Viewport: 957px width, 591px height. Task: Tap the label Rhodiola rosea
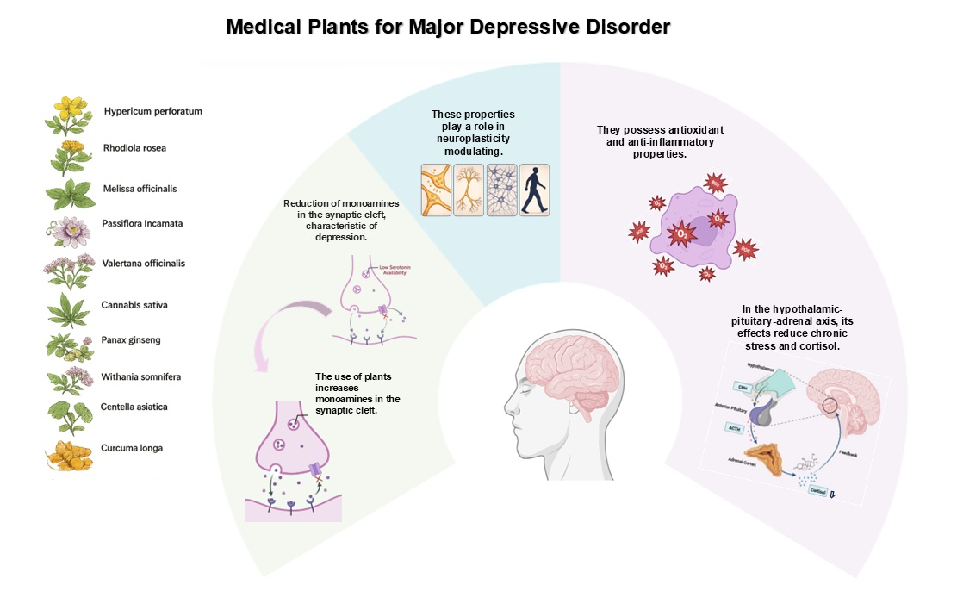pyautogui.click(x=134, y=148)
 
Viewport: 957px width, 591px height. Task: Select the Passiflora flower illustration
pyautogui.click(x=68, y=230)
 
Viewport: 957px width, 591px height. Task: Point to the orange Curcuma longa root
pyautogui.click(x=69, y=454)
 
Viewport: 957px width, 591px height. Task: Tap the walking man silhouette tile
pyautogui.click(x=534, y=190)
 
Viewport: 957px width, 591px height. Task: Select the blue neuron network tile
pyautogui.click(x=501, y=190)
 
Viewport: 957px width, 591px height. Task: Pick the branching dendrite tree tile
pyautogui.click(x=469, y=190)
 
